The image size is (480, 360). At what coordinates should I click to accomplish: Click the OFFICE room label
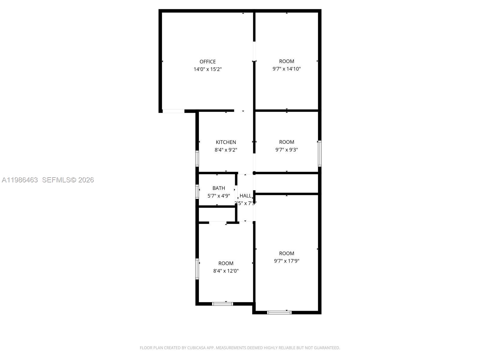tap(208, 61)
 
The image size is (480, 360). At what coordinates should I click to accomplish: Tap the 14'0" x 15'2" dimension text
tap(208, 69)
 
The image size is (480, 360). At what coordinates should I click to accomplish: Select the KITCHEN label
tap(226, 142)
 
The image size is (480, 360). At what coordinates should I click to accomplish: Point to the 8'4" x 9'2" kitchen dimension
tap(226, 150)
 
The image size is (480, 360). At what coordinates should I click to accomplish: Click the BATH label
tap(219, 188)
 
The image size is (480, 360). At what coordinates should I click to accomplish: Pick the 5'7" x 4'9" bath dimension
tap(219, 196)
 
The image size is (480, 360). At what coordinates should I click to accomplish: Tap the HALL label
tap(245, 196)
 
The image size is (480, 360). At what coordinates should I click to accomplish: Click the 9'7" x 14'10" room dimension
tap(286, 69)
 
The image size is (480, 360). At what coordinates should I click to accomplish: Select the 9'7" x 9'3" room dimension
tap(286, 150)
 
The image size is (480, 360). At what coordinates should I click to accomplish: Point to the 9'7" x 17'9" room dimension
tap(286, 261)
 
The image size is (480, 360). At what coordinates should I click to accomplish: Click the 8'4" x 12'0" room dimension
tap(226, 271)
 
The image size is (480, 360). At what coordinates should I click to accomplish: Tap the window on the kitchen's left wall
tap(197, 158)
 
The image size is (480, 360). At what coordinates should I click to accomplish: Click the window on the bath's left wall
tap(197, 192)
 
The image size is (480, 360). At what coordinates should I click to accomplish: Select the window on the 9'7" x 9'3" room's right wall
tap(320, 154)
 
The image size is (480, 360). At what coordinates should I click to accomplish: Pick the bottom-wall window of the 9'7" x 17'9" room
tap(279, 312)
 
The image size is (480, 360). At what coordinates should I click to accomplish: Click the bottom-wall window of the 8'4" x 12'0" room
tap(223, 304)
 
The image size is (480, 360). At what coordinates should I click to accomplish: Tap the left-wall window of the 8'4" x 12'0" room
tap(197, 269)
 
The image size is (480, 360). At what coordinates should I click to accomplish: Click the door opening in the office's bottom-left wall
tap(173, 111)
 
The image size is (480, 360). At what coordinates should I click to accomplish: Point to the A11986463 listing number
tap(20, 180)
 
